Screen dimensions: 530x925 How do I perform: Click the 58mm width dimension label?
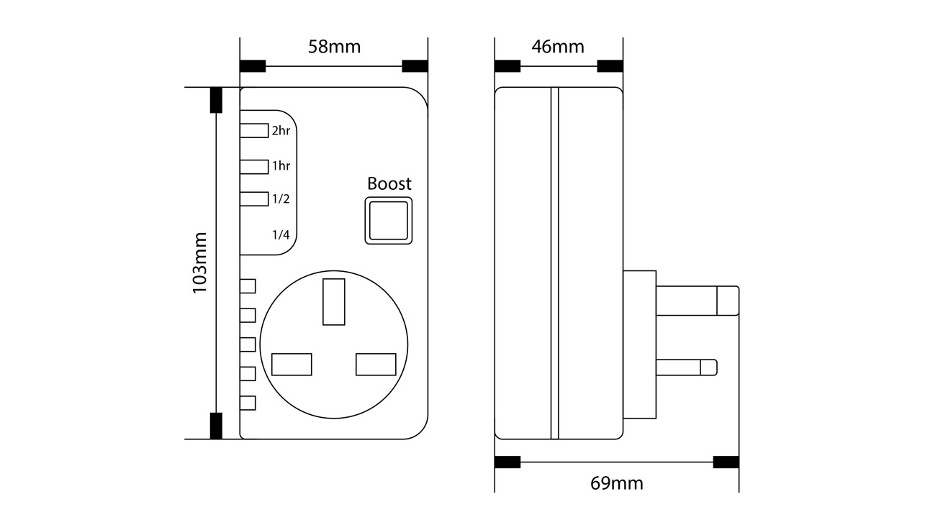point(334,47)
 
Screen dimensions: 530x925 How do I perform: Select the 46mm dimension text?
point(558,47)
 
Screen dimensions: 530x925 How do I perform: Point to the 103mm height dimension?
point(199,262)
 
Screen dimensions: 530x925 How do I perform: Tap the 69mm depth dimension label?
point(617,483)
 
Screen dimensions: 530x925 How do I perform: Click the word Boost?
point(389,183)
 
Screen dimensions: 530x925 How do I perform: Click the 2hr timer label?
point(281,131)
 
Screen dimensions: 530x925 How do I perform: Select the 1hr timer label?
point(281,166)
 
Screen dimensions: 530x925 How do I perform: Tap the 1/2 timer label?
point(281,199)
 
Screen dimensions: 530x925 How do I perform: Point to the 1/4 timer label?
point(281,234)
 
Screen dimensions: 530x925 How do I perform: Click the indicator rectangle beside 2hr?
point(254,130)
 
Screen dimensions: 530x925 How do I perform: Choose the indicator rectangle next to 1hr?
point(254,166)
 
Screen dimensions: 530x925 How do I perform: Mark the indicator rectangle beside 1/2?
point(254,199)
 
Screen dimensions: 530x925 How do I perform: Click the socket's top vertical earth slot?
point(334,301)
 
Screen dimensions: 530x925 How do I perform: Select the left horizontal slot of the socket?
point(292,365)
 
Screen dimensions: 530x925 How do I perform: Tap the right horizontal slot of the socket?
point(376,365)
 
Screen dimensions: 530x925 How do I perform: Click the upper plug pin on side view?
point(697,301)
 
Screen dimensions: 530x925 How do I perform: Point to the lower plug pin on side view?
point(686,367)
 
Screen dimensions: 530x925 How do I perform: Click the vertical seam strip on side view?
point(554,262)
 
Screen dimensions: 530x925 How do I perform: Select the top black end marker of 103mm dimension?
point(216,101)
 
